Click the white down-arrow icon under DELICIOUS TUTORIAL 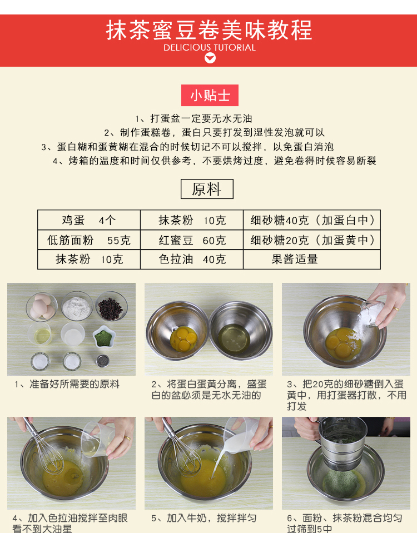pyautogui.click(x=210, y=58)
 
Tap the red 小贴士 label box pyautogui.click(x=210, y=95)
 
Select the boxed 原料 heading pyautogui.click(x=207, y=189)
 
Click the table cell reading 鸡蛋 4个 pyautogui.click(x=89, y=220)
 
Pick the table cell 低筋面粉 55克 pyautogui.click(x=89, y=240)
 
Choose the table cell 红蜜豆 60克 pyautogui.click(x=192, y=240)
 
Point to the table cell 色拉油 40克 pyautogui.click(x=192, y=260)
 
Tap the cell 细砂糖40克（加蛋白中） pyautogui.click(x=312, y=220)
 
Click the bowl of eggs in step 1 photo pyautogui.click(x=42, y=307)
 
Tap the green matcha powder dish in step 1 pyautogui.click(x=104, y=337)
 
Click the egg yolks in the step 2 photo pyautogui.click(x=183, y=339)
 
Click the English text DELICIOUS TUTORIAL pyautogui.click(x=210, y=48)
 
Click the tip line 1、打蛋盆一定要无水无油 pyautogui.click(x=194, y=118)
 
